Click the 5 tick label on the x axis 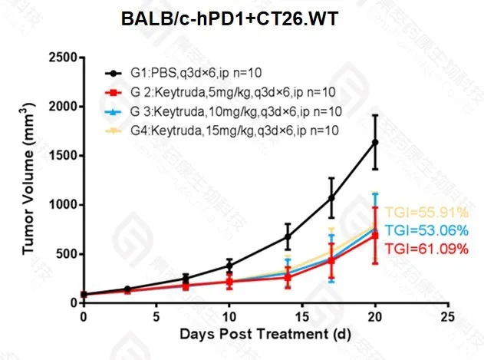coord(156,315)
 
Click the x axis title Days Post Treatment coord(265,335)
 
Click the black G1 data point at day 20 coord(375,142)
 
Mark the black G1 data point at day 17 coord(331,198)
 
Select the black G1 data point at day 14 coord(288,236)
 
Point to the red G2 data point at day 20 coord(375,235)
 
